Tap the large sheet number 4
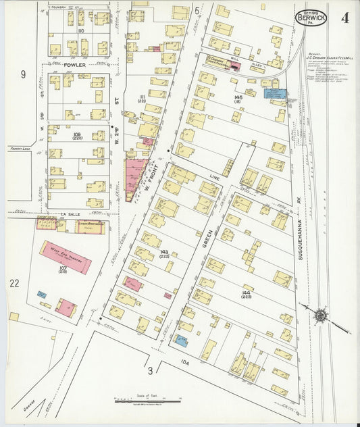point(344,18)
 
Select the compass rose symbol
point(322,315)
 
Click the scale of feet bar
point(147,401)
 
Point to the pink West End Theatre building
point(66,257)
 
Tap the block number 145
point(238,98)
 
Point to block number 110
point(80,31)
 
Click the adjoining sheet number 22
point(14,283)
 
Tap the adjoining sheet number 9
point(22,74)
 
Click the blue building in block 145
point(275,95)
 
